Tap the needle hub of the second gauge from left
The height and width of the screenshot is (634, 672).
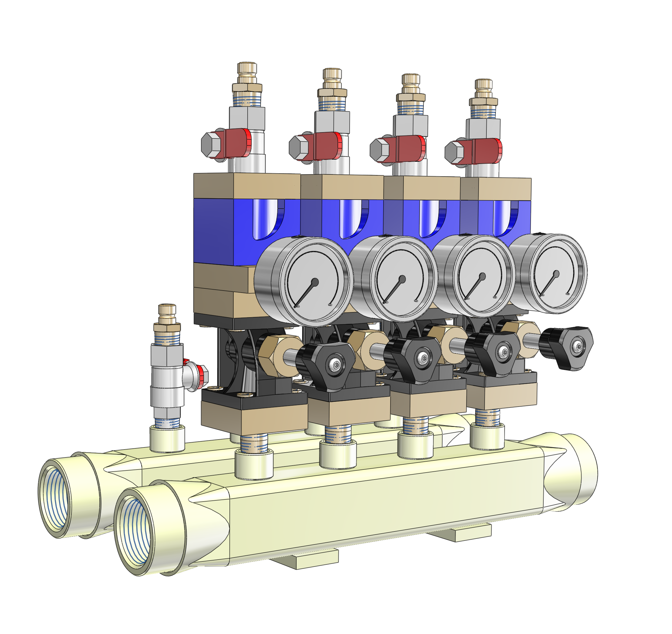[402, 279]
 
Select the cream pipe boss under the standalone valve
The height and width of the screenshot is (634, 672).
[167, 439]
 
